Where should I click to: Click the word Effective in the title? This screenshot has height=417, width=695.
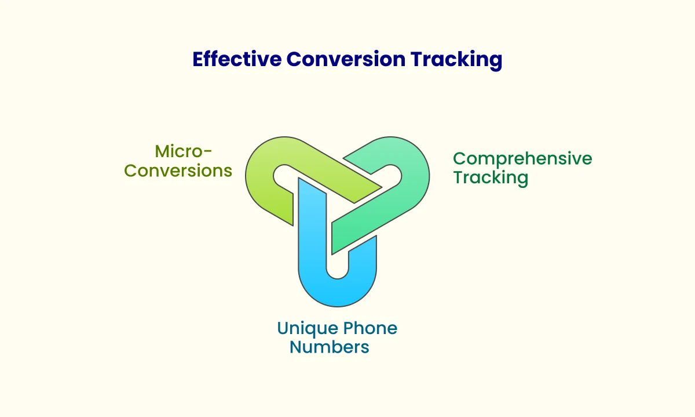237,59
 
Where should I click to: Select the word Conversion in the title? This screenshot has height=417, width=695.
346,59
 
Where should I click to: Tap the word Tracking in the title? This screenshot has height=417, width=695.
456,60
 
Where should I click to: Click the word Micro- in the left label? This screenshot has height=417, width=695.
184,151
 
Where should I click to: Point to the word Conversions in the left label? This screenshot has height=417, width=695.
178,171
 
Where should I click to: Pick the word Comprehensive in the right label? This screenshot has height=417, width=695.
522,159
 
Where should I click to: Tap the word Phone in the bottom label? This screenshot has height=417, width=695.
370,328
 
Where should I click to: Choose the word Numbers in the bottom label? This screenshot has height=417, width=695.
329,347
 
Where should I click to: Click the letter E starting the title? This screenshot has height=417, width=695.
198,59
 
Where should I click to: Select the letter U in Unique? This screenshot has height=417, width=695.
283,329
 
